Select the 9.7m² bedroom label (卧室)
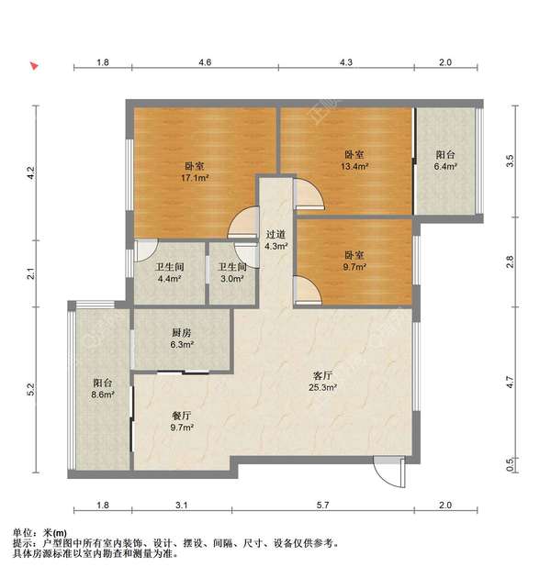[x=355, y=261]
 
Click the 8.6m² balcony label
[x=102, y=388]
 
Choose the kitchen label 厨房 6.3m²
[x=180, y=339]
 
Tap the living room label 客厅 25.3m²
[x=322, y=381]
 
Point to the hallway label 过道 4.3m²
[x=276, y=239]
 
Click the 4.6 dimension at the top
[x=205, y=62]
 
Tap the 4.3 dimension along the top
[x=345, y=62]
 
